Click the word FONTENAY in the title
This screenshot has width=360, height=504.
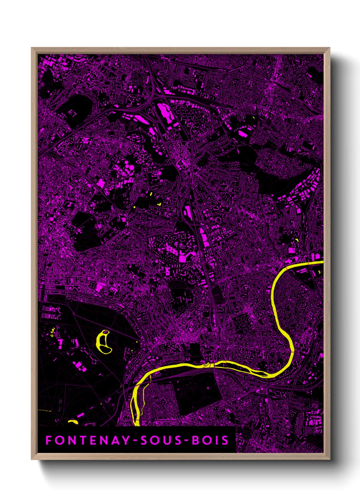pyautogui.click(x=87, y=440)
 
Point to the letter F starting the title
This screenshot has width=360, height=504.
pyautogui.click(x=49, y=440)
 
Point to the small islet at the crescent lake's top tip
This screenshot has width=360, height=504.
pyautogui.click(x=106, y=331)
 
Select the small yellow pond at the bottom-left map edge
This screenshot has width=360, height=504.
pyautogui.click(x=73, y=422)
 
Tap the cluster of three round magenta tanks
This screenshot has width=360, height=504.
pyautogui.click(x=128, y=168)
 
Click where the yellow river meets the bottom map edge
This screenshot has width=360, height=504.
pyautogui.click(x=136, y=424)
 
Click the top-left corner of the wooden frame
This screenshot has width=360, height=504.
pyautogui.click(x=32, y=48)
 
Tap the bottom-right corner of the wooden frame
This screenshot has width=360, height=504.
pyautogui.click(x=329, y=459)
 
